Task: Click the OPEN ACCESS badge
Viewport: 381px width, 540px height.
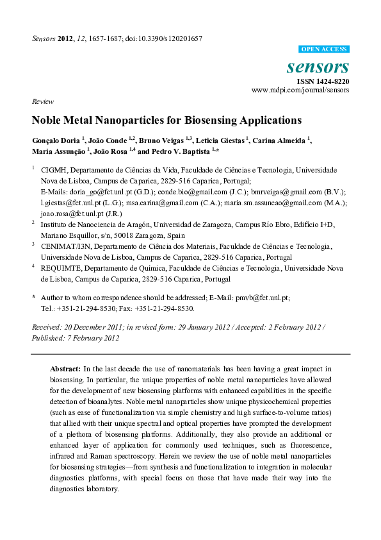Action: click(x=324, y=49)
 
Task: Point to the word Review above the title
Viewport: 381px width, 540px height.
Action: click(x=42, y=103)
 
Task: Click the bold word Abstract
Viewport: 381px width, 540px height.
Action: click(x=65, y=369)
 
